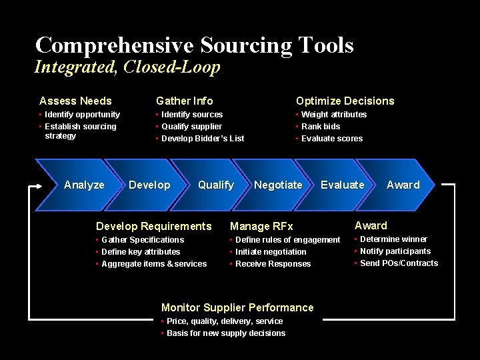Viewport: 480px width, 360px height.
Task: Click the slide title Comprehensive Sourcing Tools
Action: click(194, 45)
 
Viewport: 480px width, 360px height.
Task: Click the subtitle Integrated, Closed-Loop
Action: click(127, 67)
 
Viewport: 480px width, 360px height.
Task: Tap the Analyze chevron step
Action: click(84, 185)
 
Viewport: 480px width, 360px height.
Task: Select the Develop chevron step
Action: click(149, 185)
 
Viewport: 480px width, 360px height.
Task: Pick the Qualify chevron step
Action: click(216, 185)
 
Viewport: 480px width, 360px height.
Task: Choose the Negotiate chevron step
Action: click(278, 185)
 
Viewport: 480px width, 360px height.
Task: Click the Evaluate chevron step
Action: click(343, 185)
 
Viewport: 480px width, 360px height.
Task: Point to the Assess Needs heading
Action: click(75, 101)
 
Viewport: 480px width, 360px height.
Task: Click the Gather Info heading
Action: click(185, 101)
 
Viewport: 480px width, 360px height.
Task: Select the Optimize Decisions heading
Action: click(345, 101)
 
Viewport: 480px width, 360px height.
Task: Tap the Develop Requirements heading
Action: click(154, 226)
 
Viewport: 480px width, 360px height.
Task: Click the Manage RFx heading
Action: click(261, 227)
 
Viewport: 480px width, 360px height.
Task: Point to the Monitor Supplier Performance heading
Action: click(237, 307)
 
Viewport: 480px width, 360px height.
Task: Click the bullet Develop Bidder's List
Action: click(203, 139)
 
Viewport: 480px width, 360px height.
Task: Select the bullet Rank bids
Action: click(321, 127)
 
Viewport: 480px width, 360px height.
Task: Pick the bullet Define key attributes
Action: click(141, 252)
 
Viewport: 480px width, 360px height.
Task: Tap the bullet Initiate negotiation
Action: click(271, 252)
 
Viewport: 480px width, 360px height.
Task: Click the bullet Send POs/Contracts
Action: click(399, 263)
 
